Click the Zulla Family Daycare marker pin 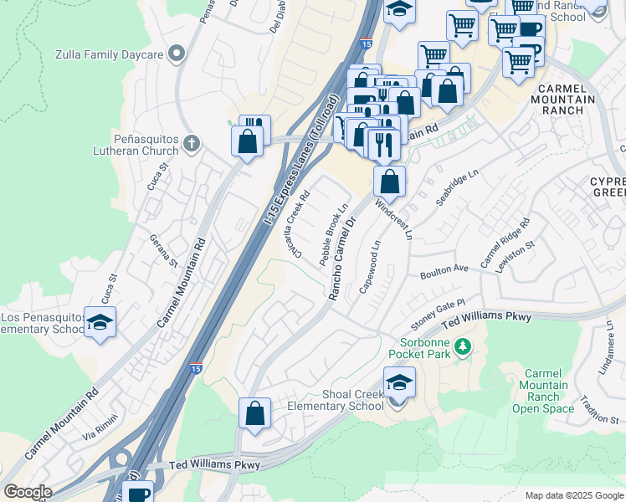(176, 55)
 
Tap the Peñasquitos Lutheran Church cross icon (191, 142)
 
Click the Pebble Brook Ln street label (332, 235)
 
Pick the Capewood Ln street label (369, 267)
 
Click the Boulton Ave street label (444, 269)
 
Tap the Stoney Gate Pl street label (437, 314)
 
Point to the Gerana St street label (163, 250)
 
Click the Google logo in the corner (27, 492)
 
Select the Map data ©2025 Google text (573, 495)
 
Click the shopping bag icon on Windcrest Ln (390, 181)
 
